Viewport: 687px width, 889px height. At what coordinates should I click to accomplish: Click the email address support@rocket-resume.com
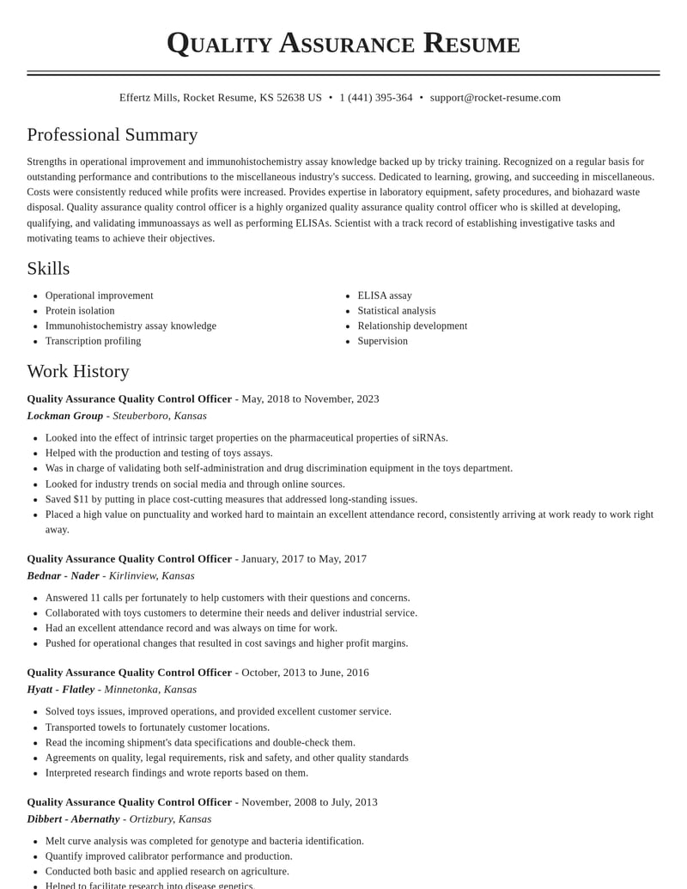[495, 98]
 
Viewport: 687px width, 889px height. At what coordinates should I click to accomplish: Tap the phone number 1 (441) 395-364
[375, 98]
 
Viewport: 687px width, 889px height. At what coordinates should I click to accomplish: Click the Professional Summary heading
[112, 135]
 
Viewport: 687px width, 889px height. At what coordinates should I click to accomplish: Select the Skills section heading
[48, 269]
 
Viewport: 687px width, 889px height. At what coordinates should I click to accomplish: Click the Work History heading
[78, 372]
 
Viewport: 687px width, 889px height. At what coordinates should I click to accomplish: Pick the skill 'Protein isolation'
[80, 311]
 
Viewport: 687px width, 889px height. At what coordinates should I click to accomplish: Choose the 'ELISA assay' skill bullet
[385, 295]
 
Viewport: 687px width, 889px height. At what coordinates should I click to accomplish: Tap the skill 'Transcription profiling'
[93, 341]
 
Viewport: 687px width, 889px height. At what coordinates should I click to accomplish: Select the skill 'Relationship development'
[412, 326]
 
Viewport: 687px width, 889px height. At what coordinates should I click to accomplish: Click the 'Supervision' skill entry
[382, 341]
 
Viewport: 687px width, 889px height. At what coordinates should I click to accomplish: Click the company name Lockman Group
[65, 416]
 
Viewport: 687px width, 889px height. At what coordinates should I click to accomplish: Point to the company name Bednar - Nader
[64, 575]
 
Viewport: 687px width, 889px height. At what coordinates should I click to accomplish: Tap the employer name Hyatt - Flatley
[61, 689]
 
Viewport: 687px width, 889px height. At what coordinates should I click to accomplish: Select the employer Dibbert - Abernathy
[73, 819]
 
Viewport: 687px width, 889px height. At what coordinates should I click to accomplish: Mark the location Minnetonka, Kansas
[150, 689]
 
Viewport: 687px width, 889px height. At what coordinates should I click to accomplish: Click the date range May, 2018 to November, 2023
[310, 399]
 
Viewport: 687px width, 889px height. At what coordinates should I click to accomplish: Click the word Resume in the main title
[471, 43]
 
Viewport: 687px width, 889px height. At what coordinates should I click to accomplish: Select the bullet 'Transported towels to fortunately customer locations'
[157, 727]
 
